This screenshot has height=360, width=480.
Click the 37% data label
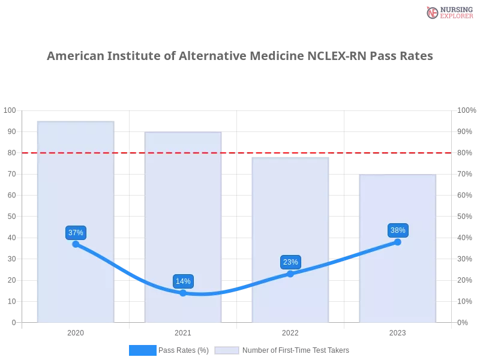pyautogui.click(x=76, y=233)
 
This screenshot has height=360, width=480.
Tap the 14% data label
pyautogui.click(x=183, y=281)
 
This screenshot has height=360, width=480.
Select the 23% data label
pyautogui.click(x=290, y=262)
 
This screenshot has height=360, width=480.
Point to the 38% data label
pyautogui.click(x=398, y=230)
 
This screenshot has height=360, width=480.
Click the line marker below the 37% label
pyautogui.click(x=76, y=244)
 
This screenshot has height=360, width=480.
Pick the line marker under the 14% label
pyautogui.click(x=183, y=293)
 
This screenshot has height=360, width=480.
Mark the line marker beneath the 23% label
pyautogui.click(x=290, y=274)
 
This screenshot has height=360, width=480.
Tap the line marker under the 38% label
pyautogui.click(x=398, y=242)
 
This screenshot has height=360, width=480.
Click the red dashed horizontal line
pyautogui.click(x=240, y=152)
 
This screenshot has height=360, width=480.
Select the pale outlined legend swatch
pyautogui.click(x=227, y=350)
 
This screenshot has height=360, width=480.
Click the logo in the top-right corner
pyautogui.click(x=448, y=12)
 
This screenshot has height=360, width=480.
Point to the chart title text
pyautogui.click(x=240, y=57)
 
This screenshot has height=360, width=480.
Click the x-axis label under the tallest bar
pyautogui.click(x=76, y=331)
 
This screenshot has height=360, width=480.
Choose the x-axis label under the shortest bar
pyautogui.click(x=398, y=331)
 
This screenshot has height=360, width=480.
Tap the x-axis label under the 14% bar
pyautogui.click(x=183, y=331)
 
